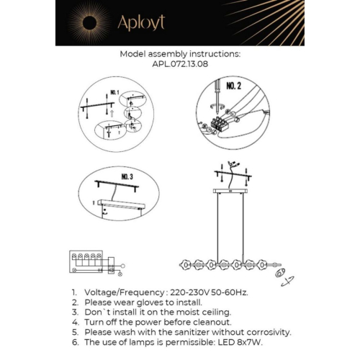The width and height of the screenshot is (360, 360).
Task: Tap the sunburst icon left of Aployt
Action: click(x=89, y=22)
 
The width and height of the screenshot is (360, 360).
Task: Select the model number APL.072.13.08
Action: click(x=180, y=63)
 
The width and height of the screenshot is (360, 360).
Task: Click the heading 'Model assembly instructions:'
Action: click(x=180, y=53)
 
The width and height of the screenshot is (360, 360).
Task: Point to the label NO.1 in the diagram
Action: click(x=114, y=93)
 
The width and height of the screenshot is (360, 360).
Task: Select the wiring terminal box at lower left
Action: click(x=86, y=262)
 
